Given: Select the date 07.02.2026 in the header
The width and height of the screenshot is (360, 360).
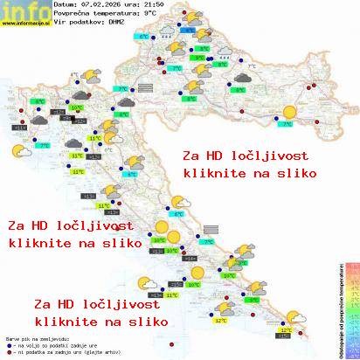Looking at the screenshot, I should click(x=96, y=5).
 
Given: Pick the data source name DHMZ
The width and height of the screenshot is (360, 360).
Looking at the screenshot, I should click(x=115, y=23).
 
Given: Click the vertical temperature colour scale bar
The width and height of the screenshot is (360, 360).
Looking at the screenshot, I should click(x=353, y=310).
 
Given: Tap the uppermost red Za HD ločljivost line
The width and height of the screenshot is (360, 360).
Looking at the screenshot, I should click(x=248, y=155).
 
